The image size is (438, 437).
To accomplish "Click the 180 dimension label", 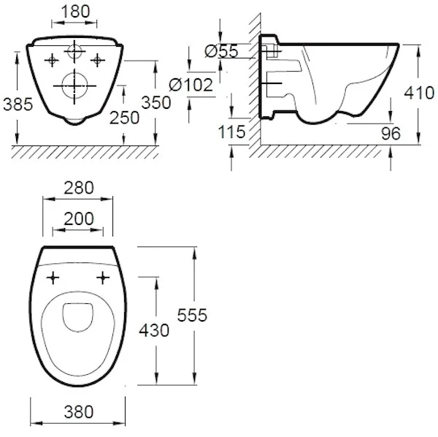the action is click(75, 12).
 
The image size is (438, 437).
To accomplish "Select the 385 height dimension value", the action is click(18, 104).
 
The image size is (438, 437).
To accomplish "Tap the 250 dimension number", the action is click(124, 118).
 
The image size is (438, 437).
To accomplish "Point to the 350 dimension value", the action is click(156, 102).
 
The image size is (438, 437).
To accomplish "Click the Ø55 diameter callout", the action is click(221, 51).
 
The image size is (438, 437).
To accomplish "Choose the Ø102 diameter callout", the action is click(191, 85).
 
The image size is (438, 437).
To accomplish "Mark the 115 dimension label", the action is click(231, 132).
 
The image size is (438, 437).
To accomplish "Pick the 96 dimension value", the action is click(391, 134).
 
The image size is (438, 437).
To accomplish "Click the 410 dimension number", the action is click(419, 93).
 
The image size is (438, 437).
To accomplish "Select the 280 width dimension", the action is click(79, 188).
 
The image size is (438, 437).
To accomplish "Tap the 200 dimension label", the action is click(79, 218).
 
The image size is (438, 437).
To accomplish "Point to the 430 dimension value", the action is click(154, 330).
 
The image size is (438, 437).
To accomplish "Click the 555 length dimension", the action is click(192, 315).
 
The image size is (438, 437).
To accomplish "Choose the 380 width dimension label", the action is click(79, 412).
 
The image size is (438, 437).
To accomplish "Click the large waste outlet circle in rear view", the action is click(74, 85).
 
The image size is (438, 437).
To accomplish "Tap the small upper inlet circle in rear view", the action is click(74, 51).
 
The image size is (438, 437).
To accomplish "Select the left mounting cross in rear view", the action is click(52, 60).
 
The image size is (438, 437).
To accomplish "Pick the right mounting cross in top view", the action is click(103, 278).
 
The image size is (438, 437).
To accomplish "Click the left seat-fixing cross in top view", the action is click(53, 278).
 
